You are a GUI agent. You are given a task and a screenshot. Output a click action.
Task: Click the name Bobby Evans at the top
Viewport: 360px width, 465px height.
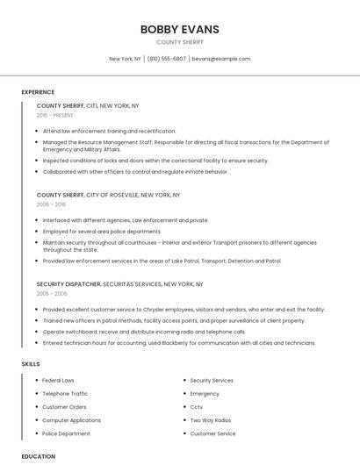[179, 29]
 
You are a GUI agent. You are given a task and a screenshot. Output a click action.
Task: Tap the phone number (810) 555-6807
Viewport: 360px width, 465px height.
[166, 59]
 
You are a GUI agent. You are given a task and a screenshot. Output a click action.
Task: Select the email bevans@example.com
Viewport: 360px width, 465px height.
[221, 59]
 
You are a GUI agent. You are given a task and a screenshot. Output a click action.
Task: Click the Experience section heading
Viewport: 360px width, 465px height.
[38, 92]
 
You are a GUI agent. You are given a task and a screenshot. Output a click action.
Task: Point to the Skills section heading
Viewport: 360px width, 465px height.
[31, 363]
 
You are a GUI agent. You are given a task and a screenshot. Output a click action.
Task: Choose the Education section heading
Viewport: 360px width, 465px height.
[39, 456]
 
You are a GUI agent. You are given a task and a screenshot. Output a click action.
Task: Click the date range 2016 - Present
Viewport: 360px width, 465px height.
[54, 115]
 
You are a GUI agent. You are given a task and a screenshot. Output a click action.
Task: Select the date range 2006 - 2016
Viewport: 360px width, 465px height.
[51, 204]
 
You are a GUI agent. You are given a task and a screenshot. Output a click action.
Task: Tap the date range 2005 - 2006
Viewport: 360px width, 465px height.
[51, 294]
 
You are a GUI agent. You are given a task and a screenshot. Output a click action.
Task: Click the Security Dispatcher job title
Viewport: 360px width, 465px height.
[68, 284]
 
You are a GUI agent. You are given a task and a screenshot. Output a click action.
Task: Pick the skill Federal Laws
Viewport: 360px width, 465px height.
[58, 381]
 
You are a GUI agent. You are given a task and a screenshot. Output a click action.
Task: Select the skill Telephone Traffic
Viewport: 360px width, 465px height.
[65, 394]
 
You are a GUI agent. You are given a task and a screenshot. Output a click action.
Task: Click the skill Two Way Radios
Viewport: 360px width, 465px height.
[211, 420]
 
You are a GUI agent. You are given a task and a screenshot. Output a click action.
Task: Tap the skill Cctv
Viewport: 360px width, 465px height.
[197, 407]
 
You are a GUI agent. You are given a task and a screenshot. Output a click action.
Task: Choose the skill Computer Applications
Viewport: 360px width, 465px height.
[71, 420]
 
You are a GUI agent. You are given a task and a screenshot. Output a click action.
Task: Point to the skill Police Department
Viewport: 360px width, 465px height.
[66, 433]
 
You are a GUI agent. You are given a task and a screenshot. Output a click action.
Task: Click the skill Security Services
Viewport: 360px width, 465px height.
[212, 381]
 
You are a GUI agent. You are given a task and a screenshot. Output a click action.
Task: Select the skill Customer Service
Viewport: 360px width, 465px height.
[212, 433]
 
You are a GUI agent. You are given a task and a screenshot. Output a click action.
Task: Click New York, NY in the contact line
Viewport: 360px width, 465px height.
[125, 59]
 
